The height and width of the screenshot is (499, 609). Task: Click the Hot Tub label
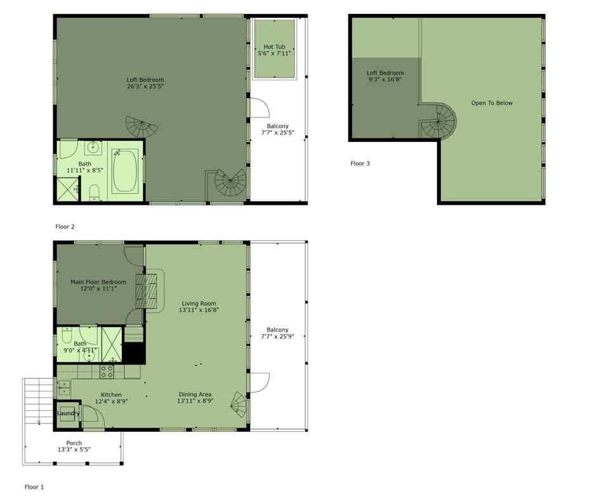[274, 46]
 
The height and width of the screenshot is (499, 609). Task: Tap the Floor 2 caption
[65, 227]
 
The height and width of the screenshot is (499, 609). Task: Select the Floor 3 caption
[360, 164]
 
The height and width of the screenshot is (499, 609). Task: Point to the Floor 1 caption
[34, 487]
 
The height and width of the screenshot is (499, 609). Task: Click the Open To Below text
[492, 103]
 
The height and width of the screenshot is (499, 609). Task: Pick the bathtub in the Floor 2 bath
[125, 171]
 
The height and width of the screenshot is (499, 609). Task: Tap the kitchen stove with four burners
[107, 372]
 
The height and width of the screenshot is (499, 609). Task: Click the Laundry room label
[69, 413]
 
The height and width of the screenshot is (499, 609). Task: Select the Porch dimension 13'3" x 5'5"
[74, 450]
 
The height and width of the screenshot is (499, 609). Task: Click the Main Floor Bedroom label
[98, 282]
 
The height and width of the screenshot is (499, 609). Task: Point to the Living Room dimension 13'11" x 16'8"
[199, 310]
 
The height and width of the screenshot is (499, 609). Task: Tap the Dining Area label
[195, 394]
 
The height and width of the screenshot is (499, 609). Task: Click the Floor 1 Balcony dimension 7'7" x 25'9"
[278, 336]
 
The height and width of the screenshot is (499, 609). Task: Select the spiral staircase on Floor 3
[438, 120]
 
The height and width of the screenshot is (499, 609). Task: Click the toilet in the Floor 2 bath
[94, 193]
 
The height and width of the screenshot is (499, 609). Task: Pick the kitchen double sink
[64, 388]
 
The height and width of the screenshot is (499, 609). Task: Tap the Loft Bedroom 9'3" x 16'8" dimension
[385, 79]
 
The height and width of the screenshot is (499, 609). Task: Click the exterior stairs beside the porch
[37, 402]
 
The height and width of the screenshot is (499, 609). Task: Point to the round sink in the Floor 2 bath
[93, 148]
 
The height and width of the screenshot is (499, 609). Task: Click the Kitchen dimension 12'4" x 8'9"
[112, 401]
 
